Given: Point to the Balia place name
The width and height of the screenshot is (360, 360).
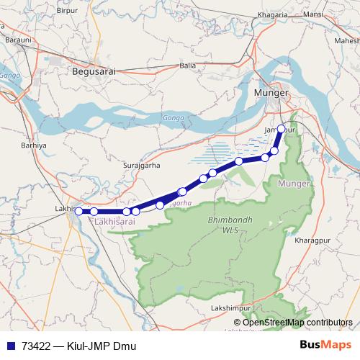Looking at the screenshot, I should point(188,65).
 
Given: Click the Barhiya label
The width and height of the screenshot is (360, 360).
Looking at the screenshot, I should point(34,145).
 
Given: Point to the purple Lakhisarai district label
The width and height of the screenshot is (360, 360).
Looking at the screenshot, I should point(115,224).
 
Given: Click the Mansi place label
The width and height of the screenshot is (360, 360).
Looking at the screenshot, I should point(313,14).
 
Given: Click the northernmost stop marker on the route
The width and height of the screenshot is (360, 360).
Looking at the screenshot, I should point(282,130).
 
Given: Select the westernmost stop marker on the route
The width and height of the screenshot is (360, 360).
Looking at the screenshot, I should point(78,211).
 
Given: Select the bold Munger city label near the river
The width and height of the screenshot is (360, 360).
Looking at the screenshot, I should point(271,93).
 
